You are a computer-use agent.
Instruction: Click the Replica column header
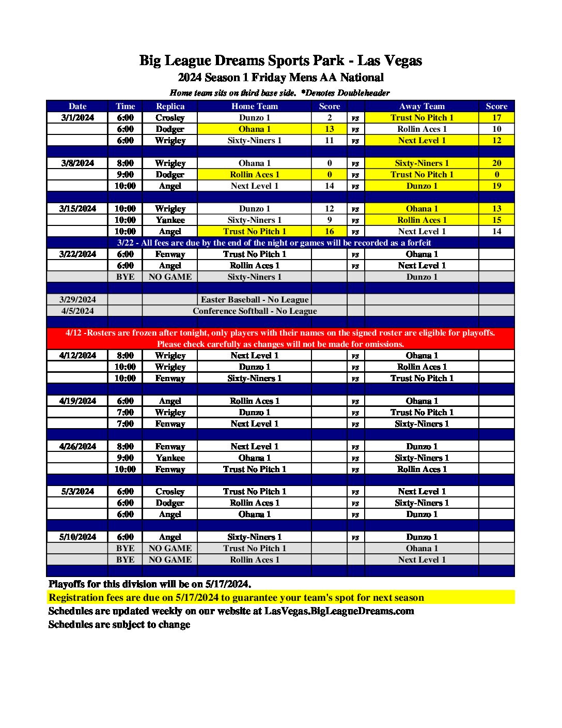pos(170,106)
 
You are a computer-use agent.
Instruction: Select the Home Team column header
pos(254,106)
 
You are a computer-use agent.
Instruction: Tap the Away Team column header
pos(422,106)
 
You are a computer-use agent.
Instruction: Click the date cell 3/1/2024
pos(77,117)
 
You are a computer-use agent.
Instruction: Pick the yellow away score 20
pos(496,163)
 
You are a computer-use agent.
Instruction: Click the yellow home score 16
pos(330,231)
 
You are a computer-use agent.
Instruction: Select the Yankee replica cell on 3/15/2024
pos(170,220)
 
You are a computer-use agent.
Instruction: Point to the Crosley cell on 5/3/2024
pos(170,491)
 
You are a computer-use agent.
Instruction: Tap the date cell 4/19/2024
pos(77,401)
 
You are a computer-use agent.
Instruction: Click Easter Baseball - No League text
pos(255,299)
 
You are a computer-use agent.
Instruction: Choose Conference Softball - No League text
pos(255,311)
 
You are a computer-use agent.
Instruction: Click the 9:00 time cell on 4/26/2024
pos(125,458)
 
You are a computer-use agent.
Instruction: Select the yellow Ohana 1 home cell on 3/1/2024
pos(254,129)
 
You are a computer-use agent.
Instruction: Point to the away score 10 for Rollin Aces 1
pos(496,129)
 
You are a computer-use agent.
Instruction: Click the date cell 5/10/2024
pos(77,537)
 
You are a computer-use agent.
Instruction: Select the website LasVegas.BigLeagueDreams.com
pos(339,611)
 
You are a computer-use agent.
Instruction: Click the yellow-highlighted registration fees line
pos(236,597)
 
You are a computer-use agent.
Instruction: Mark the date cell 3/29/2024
pos(77,299)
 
